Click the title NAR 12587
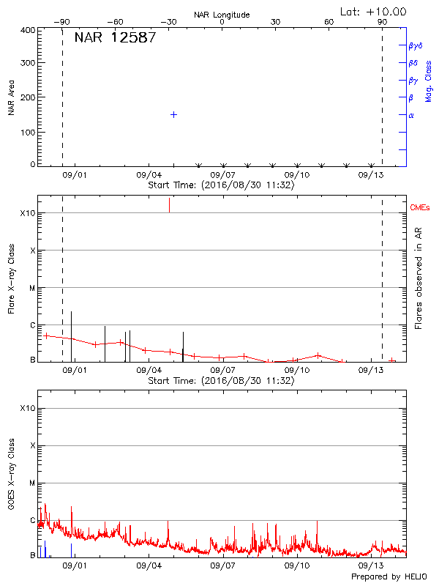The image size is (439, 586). (115, 37)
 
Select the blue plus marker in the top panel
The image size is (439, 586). (173, 114)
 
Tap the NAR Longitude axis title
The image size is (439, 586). (222, 15)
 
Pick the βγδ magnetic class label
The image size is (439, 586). (416, 45)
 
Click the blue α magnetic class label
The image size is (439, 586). (411, 115)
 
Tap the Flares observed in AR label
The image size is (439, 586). (419, 278)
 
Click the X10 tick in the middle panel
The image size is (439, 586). (28, 213)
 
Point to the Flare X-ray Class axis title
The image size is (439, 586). (11, 278)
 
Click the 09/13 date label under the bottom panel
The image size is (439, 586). (371, 565)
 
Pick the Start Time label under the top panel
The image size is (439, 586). (221, 185)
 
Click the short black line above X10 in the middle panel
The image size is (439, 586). (169, 204)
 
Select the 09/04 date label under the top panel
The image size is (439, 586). (149, 175)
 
